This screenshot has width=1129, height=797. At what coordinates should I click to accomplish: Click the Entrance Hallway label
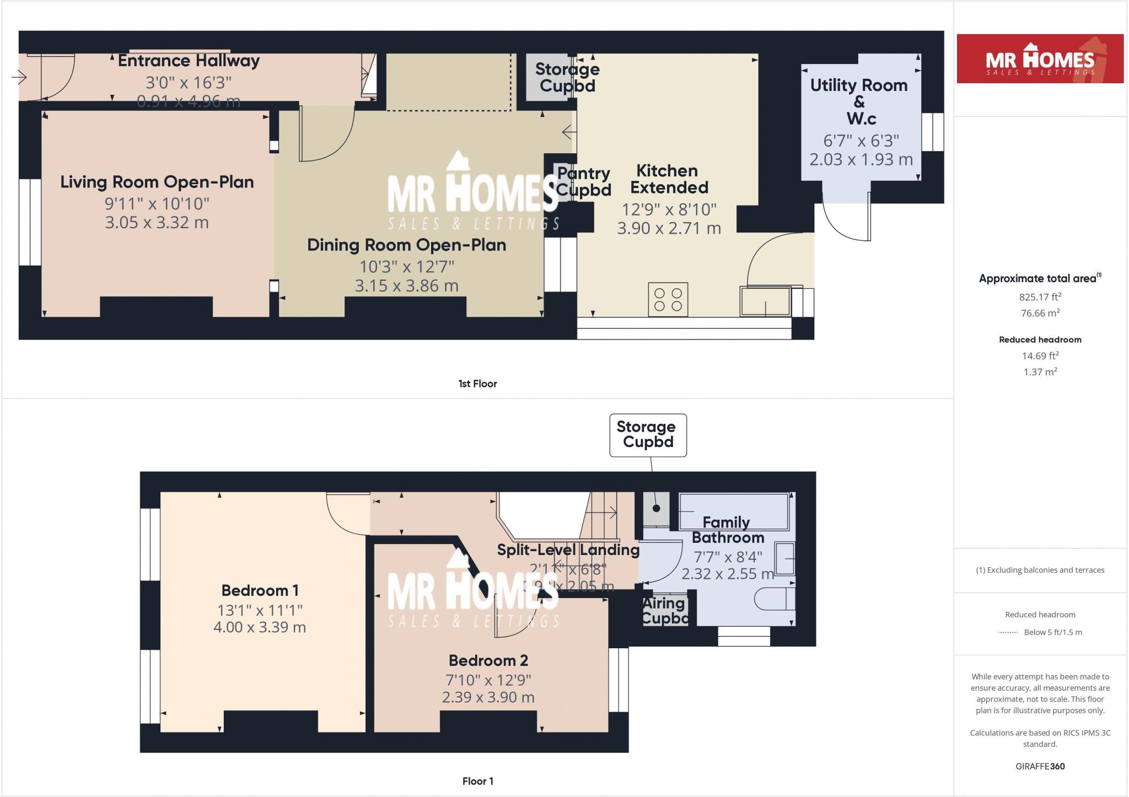coord(189,61)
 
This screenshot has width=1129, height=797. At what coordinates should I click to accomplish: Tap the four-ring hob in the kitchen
coord(668,299)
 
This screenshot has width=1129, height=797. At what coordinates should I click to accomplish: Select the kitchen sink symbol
coord(766,301)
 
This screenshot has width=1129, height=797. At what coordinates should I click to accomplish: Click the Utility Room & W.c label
coord(859,101)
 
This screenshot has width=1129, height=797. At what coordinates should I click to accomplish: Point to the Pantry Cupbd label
coord(583,181)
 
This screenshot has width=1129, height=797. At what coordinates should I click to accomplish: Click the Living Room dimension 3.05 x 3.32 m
coord(157,223)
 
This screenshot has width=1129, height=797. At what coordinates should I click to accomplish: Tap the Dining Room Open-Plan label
coord(406,245)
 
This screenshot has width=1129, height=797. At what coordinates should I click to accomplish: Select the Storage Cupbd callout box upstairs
coord(648,435)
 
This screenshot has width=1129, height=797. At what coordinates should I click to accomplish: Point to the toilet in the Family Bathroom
coord(774,599)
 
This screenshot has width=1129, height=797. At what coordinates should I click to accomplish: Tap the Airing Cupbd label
coord(664,611)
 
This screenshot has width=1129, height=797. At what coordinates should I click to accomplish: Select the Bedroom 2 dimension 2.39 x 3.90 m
coord(488,697)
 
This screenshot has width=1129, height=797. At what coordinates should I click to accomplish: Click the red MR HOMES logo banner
coord(1040,59)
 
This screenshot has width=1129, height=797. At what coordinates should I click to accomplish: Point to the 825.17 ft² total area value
coord(1040,297)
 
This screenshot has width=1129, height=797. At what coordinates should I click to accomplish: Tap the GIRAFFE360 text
coord(1040,766)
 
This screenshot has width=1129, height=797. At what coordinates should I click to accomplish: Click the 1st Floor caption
coord(477,384)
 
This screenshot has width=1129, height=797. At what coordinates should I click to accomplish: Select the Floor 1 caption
coord(477,781)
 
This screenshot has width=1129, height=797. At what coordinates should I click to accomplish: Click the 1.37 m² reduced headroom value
coord(1040,372)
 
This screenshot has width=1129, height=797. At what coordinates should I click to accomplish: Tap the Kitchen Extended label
coord(669,179)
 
